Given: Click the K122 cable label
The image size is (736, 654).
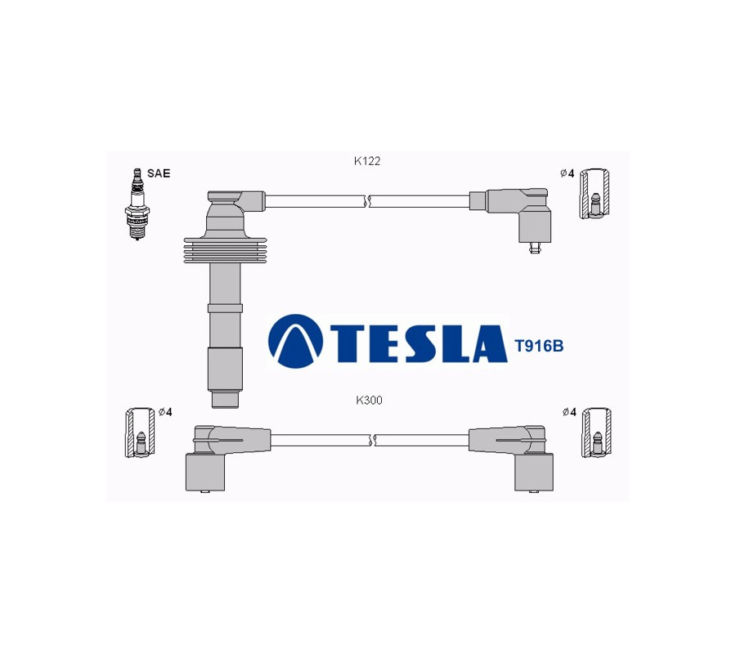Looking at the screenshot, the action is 367,161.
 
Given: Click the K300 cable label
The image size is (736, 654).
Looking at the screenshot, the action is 369,401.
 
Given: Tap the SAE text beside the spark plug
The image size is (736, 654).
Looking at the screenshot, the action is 159,173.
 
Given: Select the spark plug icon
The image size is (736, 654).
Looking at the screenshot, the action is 137,204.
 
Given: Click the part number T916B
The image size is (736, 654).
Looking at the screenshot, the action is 539,347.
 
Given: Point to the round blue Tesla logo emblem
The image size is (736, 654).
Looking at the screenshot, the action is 296,341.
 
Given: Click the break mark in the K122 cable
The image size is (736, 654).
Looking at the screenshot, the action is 367,201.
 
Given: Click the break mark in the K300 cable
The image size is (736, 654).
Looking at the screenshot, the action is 373,440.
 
